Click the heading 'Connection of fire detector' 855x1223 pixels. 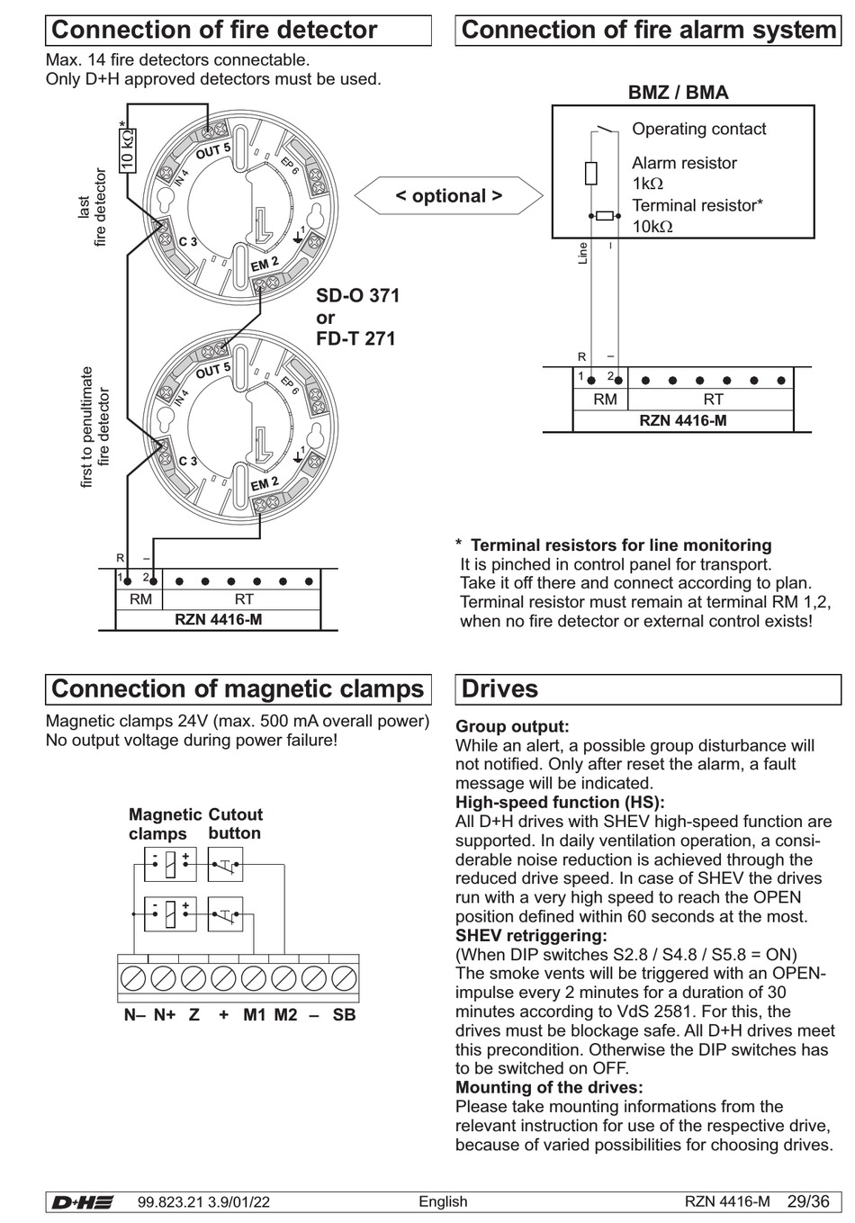[x=214, y=30]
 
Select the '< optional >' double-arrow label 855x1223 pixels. [x=448, y=196]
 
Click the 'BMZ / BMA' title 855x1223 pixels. [x=678, y=93]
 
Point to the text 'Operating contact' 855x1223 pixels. [x=698, y=129]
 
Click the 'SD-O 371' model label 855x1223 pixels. [x=357, y=296]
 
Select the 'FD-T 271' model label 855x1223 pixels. [x=355, y=338]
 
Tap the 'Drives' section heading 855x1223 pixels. [x=499, y=689]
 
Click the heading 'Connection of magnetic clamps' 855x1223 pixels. [x=238, y=689]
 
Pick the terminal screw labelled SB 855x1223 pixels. [x=344, y=978]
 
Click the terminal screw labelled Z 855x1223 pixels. [x=193, y=978]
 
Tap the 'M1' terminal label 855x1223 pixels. [x=255, y=1015]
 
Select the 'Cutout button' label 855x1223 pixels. [x=235, y=823]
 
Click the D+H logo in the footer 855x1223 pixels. [x=82, y=1202]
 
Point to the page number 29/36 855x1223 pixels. [x=808, y=1202]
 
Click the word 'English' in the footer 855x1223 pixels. [x=443, y=1202]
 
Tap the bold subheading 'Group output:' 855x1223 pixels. [x=512, y=726]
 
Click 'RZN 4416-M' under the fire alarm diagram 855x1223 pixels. [x=683, y=420]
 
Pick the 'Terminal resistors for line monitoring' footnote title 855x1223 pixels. [x=621, y=545]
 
